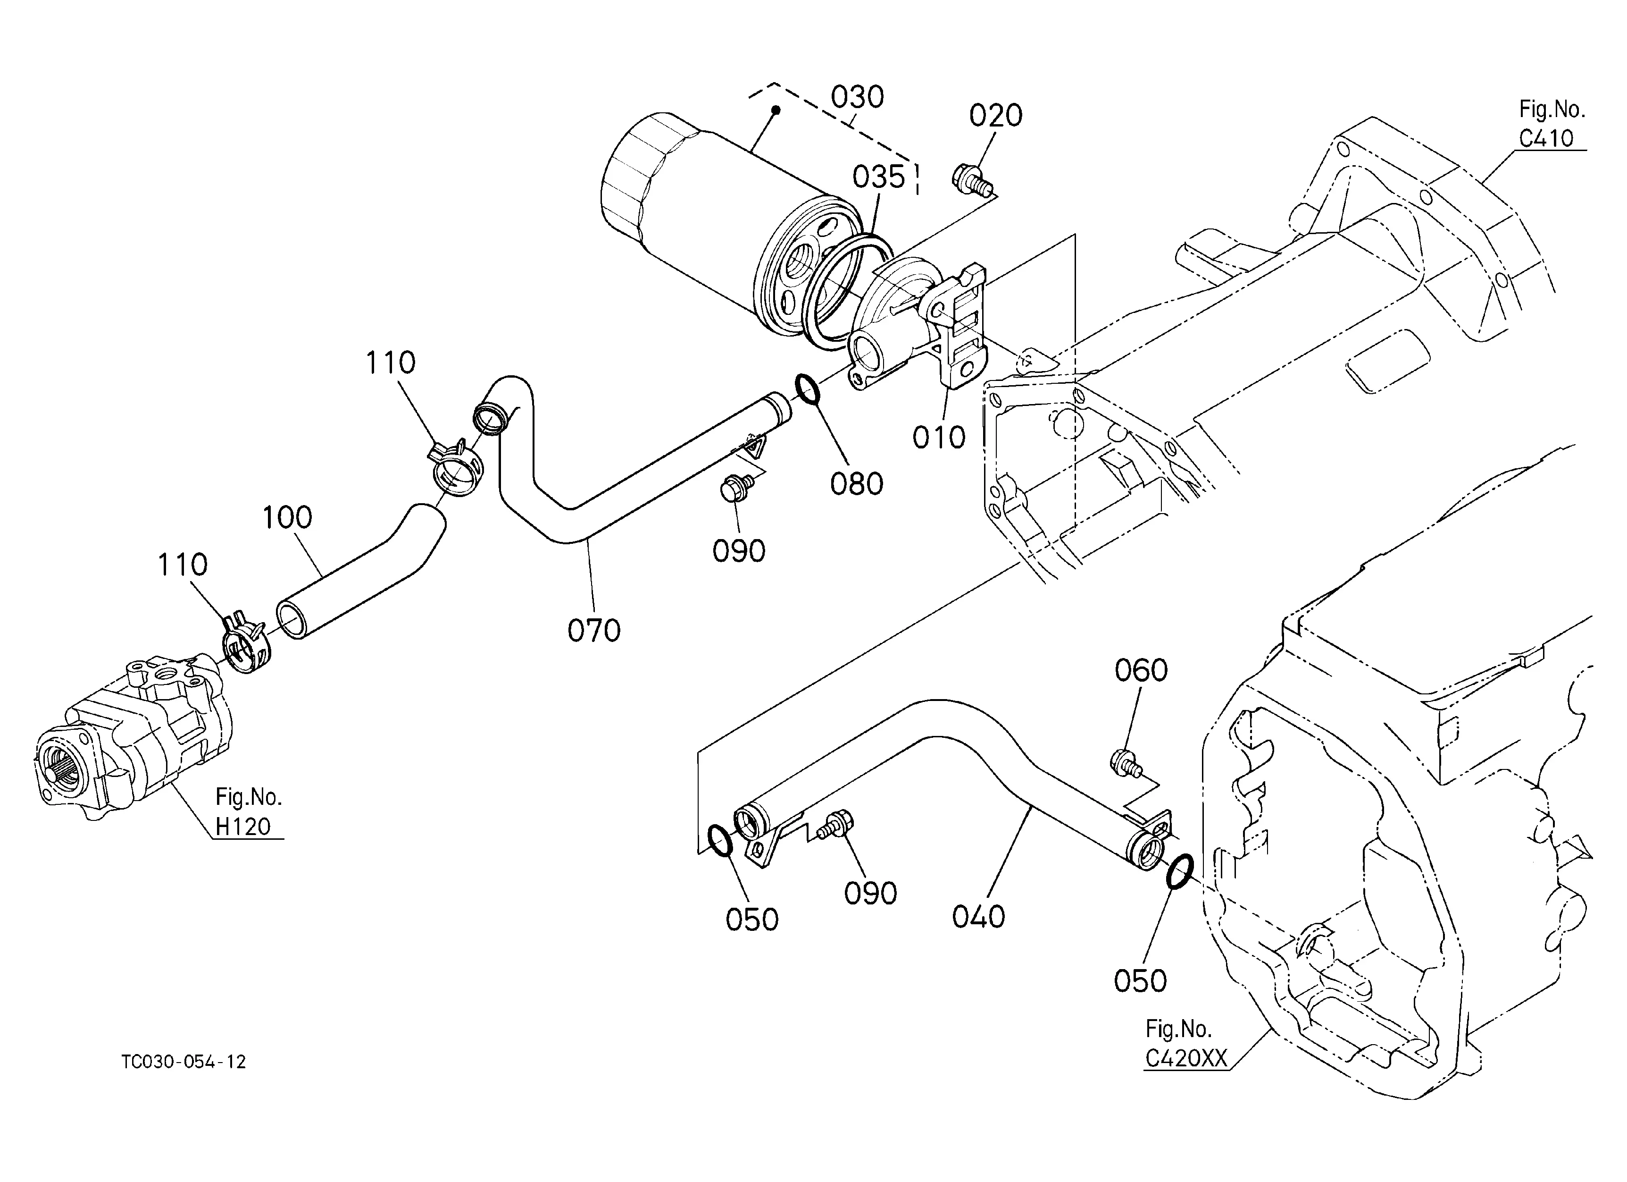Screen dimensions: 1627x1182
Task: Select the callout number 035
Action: click(879, 177)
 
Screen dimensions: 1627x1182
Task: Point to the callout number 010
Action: click(939, 437)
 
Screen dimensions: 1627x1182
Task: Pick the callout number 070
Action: click(594, 631)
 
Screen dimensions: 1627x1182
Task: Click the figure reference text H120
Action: click(243, 827)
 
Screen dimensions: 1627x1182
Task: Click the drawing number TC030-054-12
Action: click(184, 1062)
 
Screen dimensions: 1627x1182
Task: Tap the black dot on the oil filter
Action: click(776, 110)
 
